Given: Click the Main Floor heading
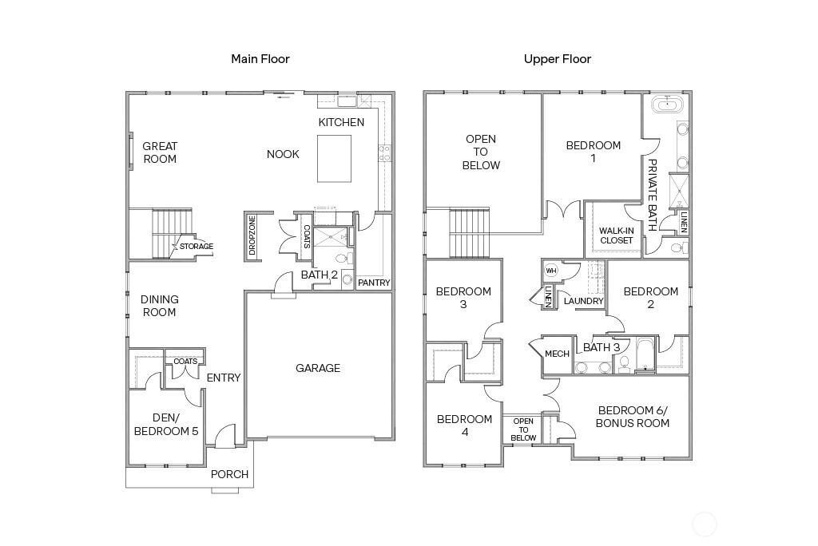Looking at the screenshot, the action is click(260, 59).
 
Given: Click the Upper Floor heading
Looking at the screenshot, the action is click(557, 59).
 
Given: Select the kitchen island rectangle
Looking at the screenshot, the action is click(334, 159).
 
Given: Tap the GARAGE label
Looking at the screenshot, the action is click(318, 368).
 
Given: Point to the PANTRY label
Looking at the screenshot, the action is click(374, 283).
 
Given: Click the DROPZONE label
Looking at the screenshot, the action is click(252, 235).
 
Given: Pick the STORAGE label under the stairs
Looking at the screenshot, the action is click(197, 246).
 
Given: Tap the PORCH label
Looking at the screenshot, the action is click(229, 474).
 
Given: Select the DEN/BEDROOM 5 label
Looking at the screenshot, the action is click(166, 425).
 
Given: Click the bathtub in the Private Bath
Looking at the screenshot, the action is click(667, 105).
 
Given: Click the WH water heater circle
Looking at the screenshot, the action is click(551, 271).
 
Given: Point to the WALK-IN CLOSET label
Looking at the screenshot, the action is click(616, 235).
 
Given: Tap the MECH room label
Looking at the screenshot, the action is click(557, 354).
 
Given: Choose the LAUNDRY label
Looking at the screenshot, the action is click(583, 301).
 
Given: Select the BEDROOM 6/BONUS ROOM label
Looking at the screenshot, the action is click(633, 417).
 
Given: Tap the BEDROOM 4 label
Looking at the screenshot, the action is click(464, 425).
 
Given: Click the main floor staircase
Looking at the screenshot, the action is click(173, 234).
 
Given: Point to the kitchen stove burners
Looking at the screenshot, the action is click(384, 153).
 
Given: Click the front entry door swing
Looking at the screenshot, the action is click(224, 436).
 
